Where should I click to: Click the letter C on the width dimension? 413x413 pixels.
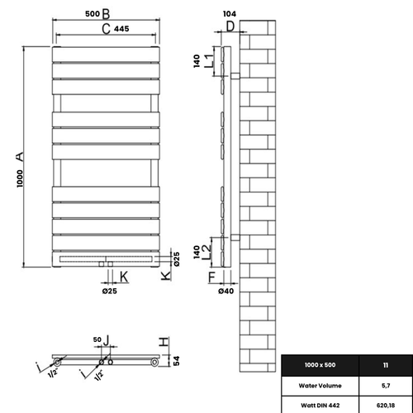[x=106, y=30]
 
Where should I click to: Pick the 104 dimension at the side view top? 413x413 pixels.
[x=230, y=15]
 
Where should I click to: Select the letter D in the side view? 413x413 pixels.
[x=230, y=27]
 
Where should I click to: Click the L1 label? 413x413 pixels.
[x=209, y=59]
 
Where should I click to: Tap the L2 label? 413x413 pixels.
[x=209, y=245]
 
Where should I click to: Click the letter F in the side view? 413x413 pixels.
[x=211, y=276]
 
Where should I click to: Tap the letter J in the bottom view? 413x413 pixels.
[x=106, y=339]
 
